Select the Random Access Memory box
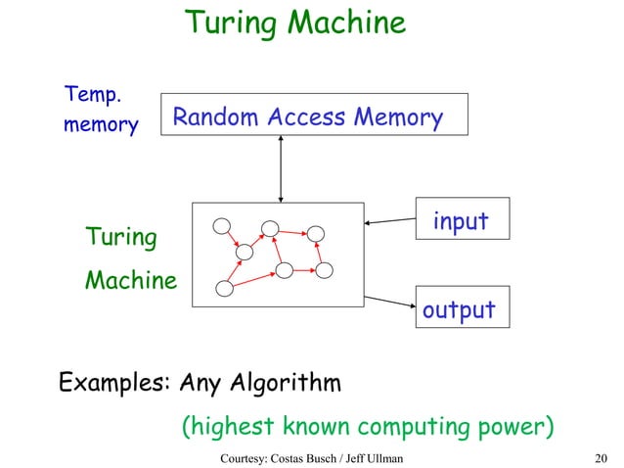314,116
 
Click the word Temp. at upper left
93,95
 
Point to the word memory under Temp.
100,126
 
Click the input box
461,221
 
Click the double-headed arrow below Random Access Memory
282,169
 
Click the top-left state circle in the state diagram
223,226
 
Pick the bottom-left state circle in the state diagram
225,289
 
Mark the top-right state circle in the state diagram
315,234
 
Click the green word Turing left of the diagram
120,237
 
